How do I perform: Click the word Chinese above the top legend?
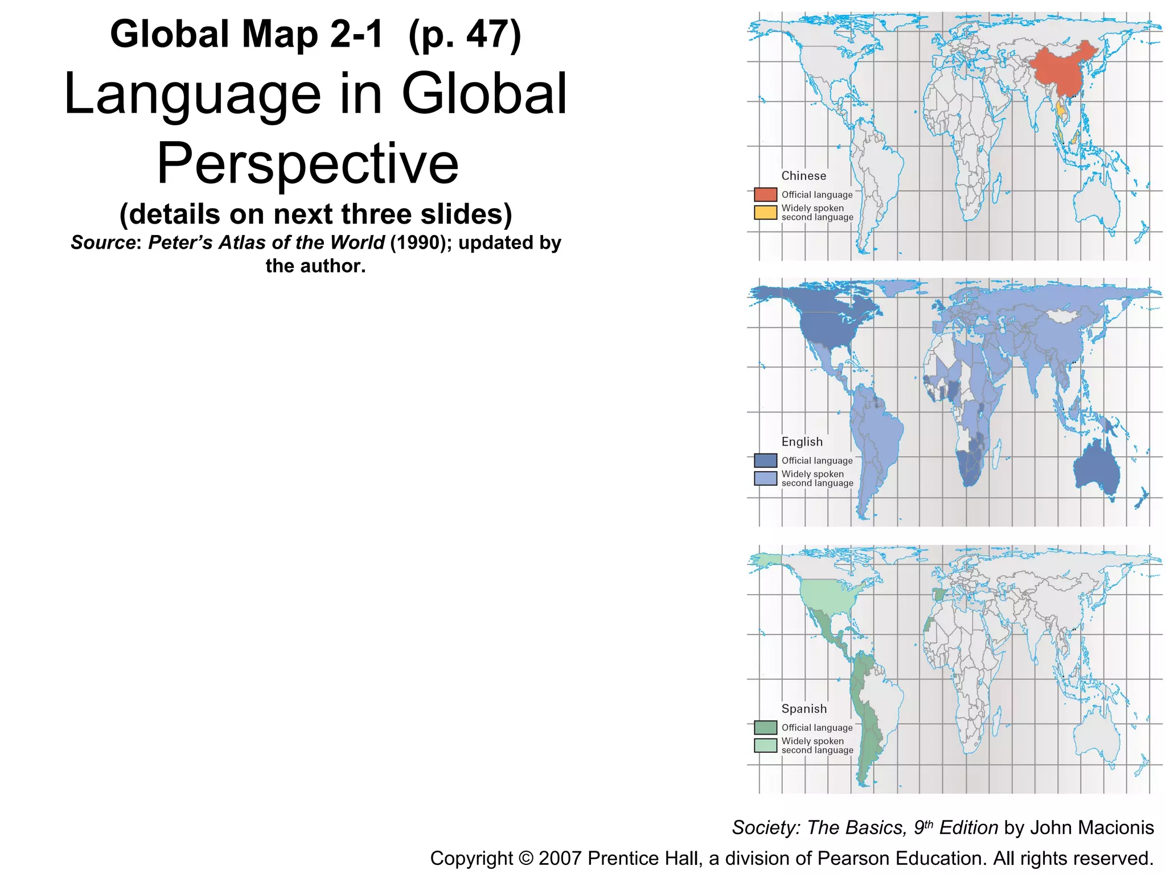[x=803, y=176]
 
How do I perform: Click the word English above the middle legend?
[x=802, y=442]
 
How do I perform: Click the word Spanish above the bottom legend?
[x=804, y=708]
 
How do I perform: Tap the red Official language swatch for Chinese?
[x=765, y=195]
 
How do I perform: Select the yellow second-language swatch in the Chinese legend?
[x=765, y=212]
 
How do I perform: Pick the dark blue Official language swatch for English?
[x=765, y=460]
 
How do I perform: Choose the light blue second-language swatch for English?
[x=765, y=479]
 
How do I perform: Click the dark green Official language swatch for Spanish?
[x=765, y=727]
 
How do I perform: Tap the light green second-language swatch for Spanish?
[x=765, y=745]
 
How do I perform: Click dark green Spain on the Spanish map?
[x=939, y=595]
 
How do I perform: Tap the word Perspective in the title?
[x=307, y=163]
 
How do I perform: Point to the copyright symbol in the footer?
[x=525, y=859]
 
